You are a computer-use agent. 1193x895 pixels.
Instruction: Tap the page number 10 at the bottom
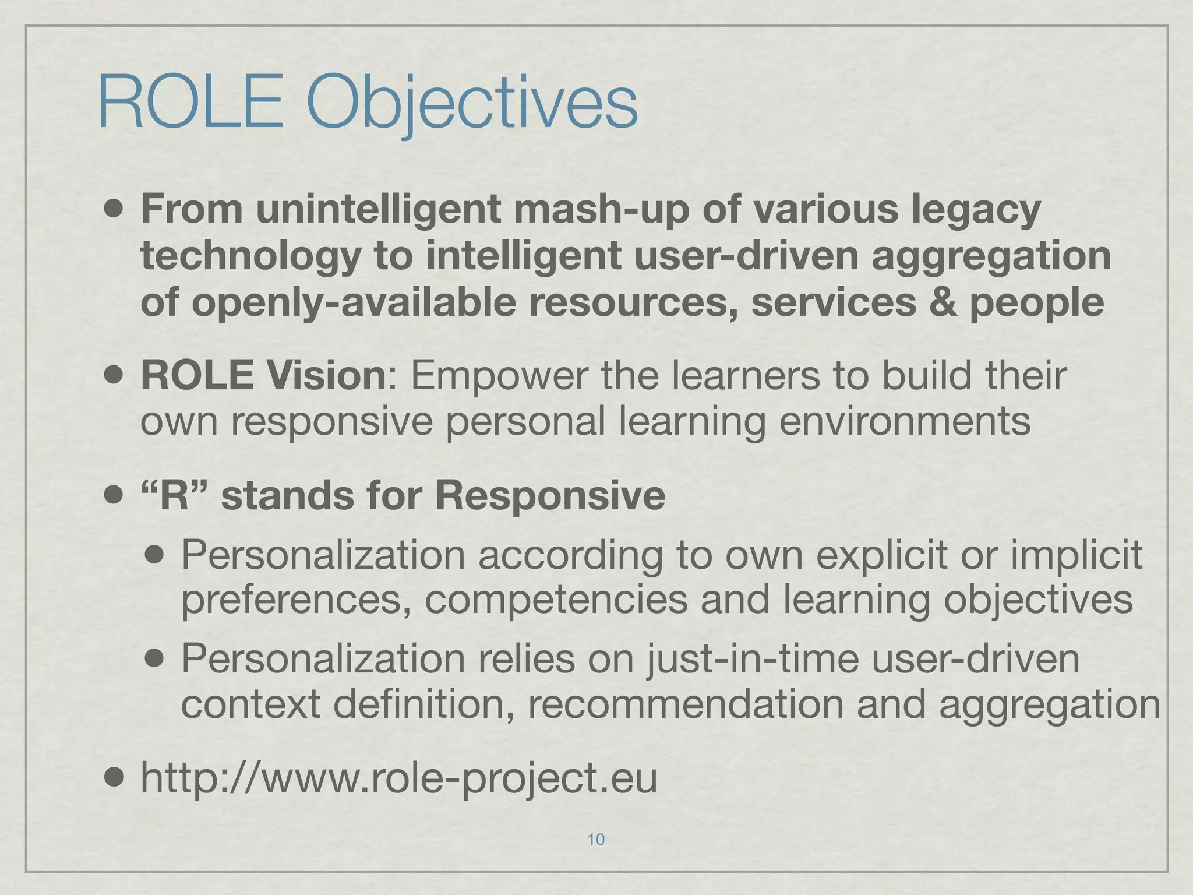click(596, 839)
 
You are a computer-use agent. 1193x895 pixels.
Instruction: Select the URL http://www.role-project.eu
click(398, 779)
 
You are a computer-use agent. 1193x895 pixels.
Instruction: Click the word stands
click(287, 496)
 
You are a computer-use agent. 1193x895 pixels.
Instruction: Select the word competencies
click(556, 600)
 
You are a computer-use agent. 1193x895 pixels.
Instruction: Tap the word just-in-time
click(752, 659)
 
